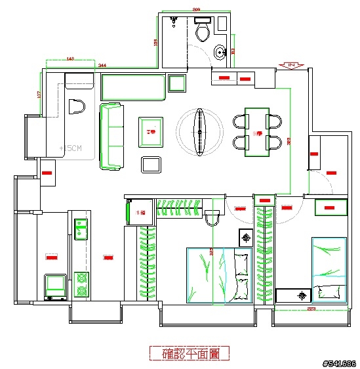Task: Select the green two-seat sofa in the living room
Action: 111,136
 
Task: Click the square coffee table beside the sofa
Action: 151,132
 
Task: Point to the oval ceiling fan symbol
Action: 199,131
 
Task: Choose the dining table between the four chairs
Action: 257,132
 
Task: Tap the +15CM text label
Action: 70,148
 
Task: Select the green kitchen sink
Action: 81,228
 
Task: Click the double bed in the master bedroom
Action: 218,274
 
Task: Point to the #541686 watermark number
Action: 339,363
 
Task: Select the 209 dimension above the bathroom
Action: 195,10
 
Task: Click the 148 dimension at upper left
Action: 70,59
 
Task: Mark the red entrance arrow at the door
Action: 290,64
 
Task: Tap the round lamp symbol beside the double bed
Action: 246,237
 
